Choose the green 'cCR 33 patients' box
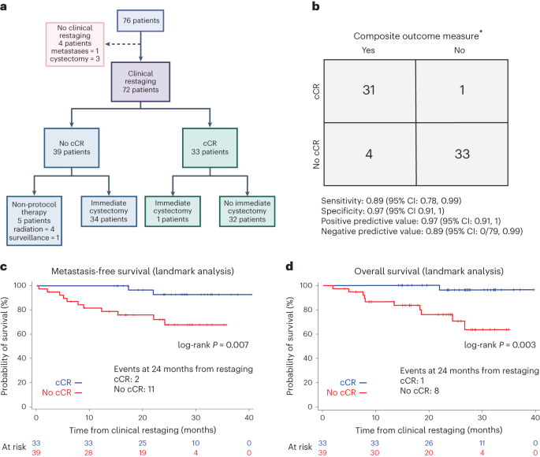click(x=209, y=147)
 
